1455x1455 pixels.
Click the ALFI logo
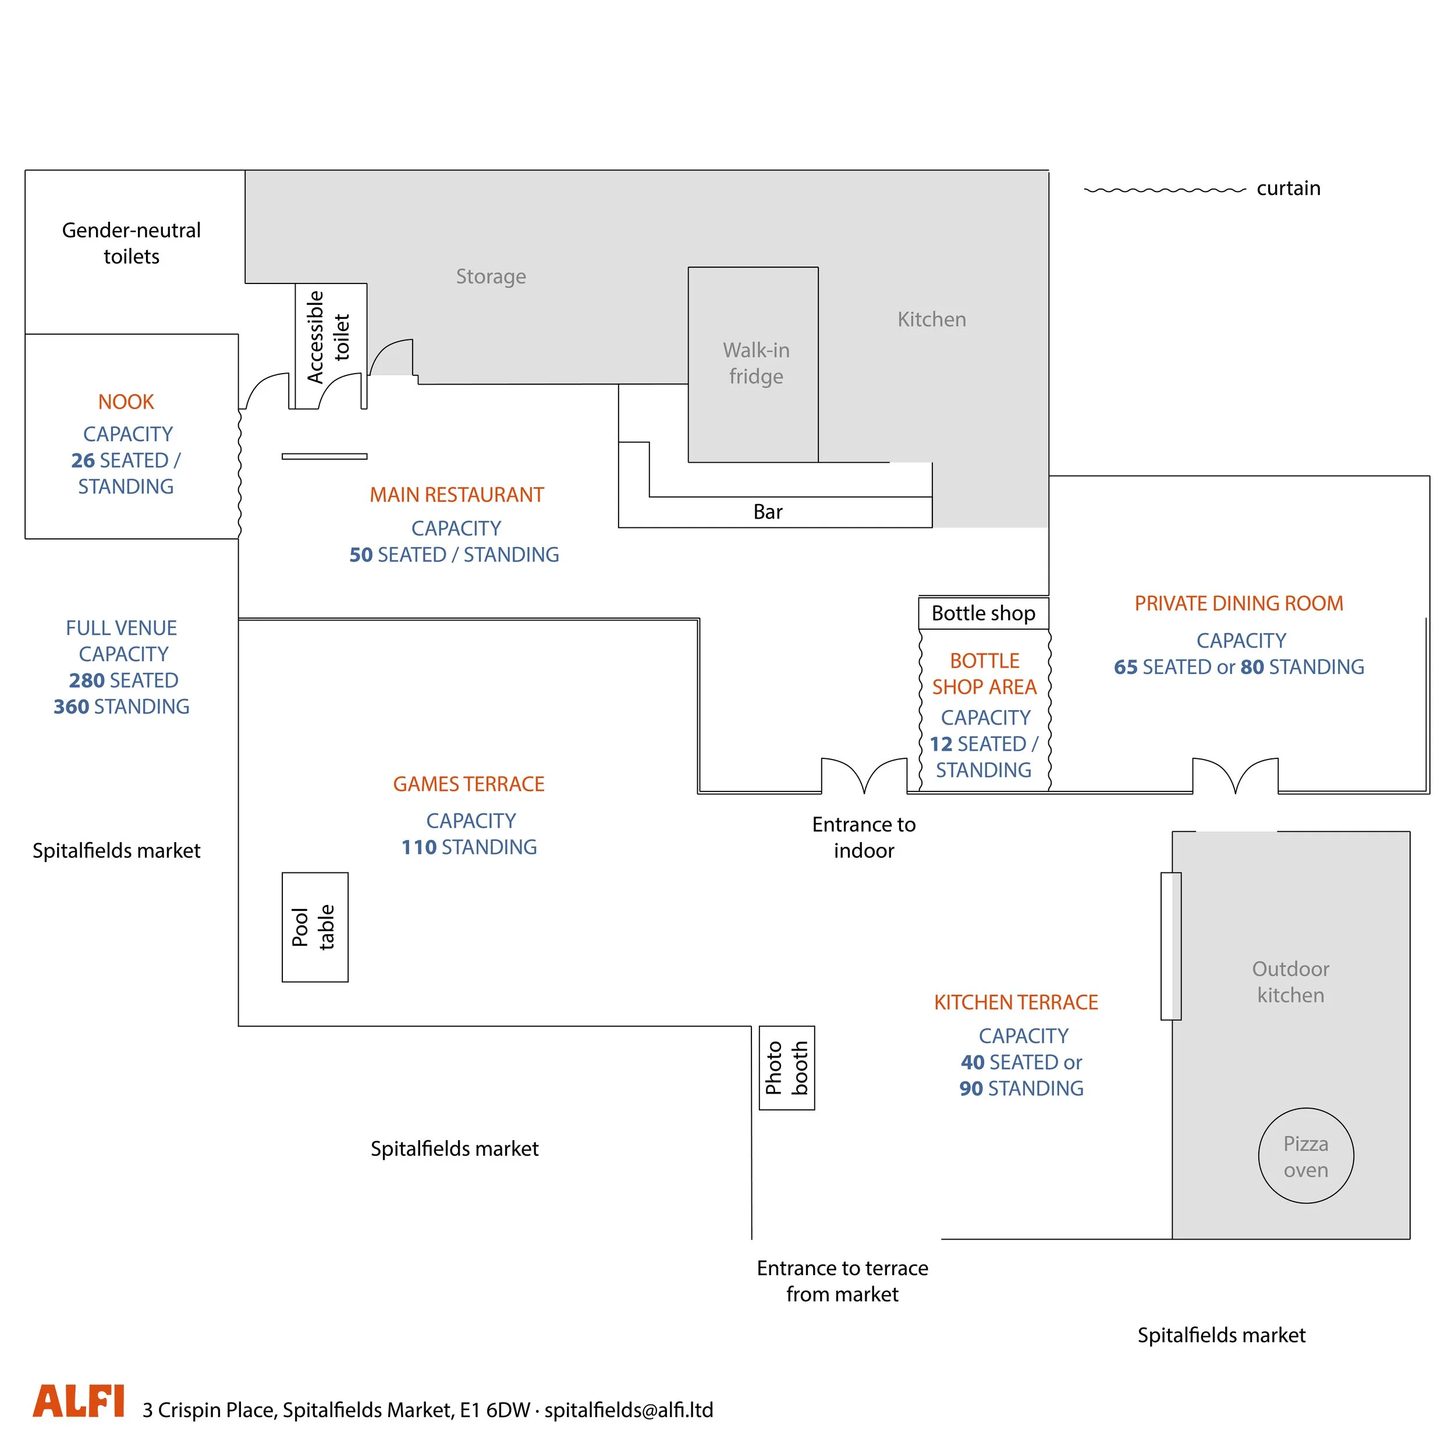pyautogui.click(x=79, y=1401)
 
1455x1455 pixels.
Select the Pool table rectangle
pyautogui.click(x=315, y=927)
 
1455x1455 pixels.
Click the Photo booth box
pyautogui.click(x=786, y=1067)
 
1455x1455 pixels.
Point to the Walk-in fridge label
pyautogui.click(x=755, y=363)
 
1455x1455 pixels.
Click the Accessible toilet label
pyautogui.click(x=328, y=336)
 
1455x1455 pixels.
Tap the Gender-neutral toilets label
pyautogui.click(x=131, y=243)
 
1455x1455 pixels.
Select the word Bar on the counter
pyautogui.click(x=768, y=512)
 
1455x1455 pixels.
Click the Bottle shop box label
pyautogui.click(x=983, y=613)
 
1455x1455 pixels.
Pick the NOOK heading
pyautogui.click(x=126, y=402)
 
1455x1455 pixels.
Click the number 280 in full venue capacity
pyautogui.click(x=87, y=681)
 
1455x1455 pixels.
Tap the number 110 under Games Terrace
pyautogui.click(x=418, y=847)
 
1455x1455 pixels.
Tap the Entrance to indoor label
pyautogui.click(x=863, y=837)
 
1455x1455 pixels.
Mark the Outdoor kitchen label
pyautogui.click(x=1290, y=982)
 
